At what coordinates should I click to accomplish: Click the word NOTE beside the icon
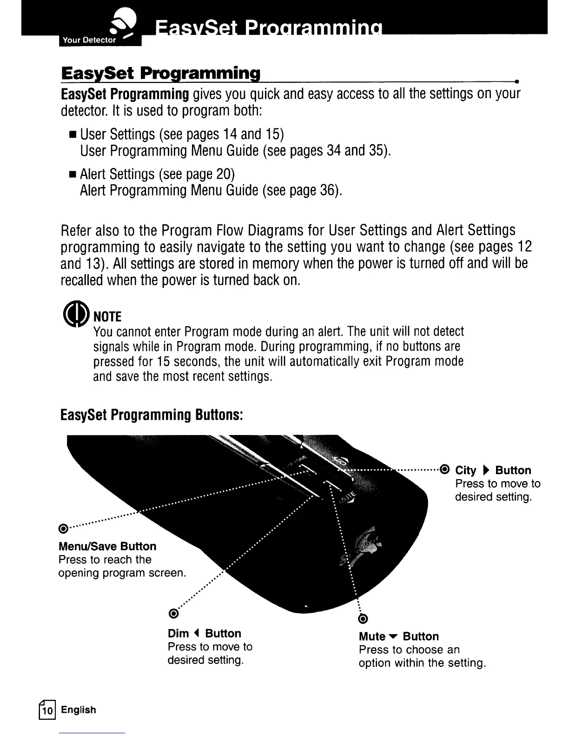pyautogui.click(x=107, y=317)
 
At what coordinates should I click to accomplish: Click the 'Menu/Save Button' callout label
pyautogui.click(x=107, y=546)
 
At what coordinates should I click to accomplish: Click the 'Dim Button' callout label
pyautogui.click(x=205, y=633)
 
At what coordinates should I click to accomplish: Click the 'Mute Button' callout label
pyautogui.click(x=399, y=636)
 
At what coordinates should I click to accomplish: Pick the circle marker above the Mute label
pyautogui.click(x=364, y=618)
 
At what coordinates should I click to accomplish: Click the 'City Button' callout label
pyautogui.click(x=493, y=470)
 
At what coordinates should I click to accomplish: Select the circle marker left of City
pyautogui.click(x=444, y=469)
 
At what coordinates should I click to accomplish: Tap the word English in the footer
pyautogui.click(x=79, y=710)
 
